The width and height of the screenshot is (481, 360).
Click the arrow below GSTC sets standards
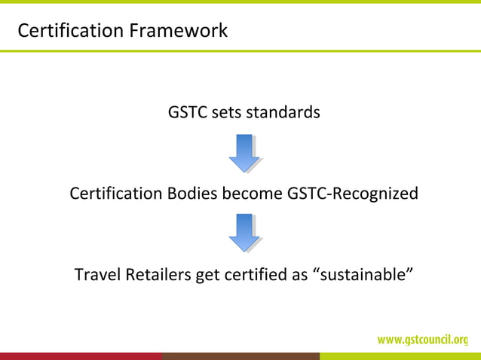244,153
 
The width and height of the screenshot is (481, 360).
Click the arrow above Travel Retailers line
244,233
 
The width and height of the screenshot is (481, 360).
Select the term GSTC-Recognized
353,194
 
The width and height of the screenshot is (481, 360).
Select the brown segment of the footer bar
240,356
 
